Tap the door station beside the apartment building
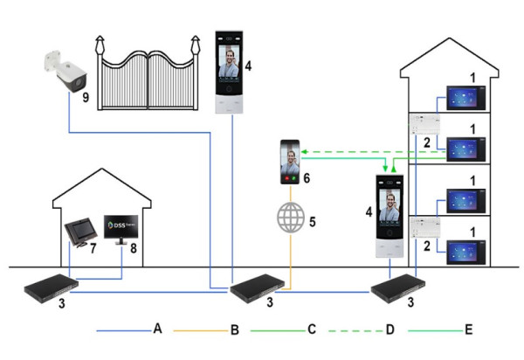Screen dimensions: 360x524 click(x=390, y=218)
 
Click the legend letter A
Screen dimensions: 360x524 click(x=158, y=331)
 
